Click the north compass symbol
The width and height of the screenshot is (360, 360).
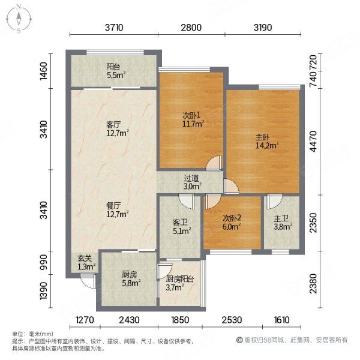[x=19, y=19]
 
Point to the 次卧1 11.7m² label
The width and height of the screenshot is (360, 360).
[x=192, y=119]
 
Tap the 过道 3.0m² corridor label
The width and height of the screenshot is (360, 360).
[x=191, y=182]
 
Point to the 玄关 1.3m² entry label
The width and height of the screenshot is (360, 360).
[x=84, y=263]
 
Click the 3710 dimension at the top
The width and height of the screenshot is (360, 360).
[x=114, y=28]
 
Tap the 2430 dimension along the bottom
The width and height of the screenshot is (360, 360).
[x=130, y=320]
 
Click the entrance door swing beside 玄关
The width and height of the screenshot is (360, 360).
[x=89, y=278]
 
